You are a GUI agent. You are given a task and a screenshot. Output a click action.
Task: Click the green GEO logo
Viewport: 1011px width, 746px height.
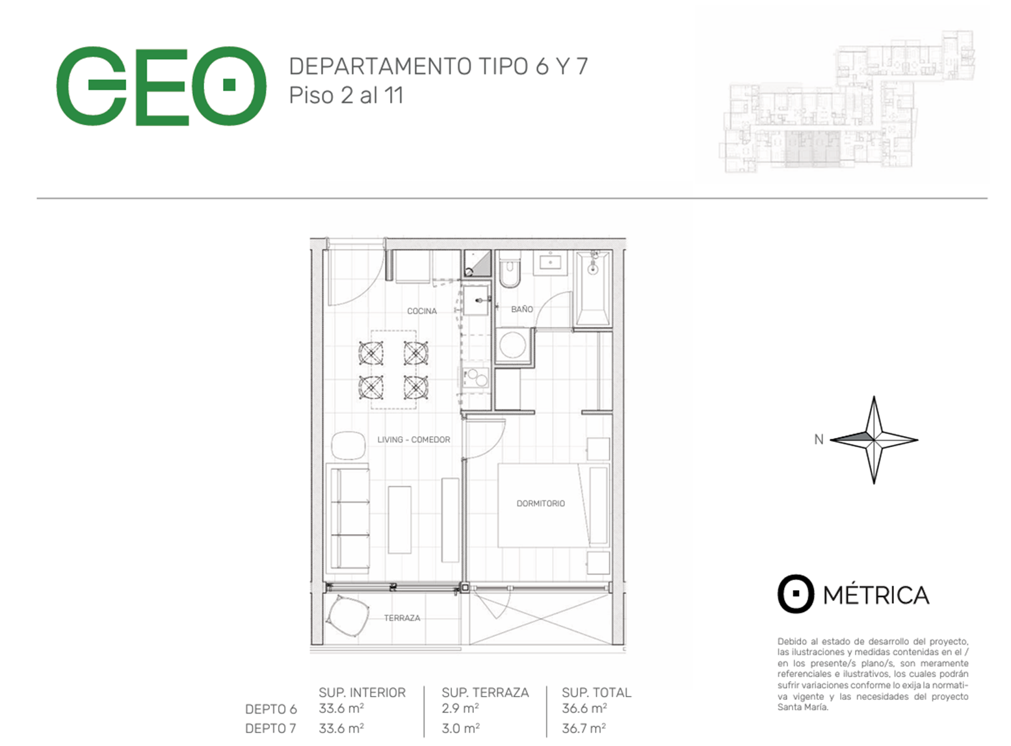[x=161, y=86]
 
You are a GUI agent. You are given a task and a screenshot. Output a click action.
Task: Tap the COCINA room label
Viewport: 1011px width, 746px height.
[x=422, y=311]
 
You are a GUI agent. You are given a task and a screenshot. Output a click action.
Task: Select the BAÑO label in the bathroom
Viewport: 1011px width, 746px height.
[x=521, y=309]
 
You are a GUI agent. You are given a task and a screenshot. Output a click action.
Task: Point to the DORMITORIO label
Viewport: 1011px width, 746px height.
[x=540, y=503]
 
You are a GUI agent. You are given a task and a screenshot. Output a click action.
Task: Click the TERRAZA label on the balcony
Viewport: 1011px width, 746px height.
[x=402, y=617]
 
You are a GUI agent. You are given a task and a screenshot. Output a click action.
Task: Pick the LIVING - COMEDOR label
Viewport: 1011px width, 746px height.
[x=414, y=439]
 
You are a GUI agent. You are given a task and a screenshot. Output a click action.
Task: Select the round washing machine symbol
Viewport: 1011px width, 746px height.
[x=512, y=344]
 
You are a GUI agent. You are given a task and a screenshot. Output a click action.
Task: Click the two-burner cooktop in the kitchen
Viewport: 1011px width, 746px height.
[x=476, y=378]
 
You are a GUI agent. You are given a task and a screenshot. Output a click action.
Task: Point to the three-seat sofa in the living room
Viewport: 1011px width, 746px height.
[x=348, y=518]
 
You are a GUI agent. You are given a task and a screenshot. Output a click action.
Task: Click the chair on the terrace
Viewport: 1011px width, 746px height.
[x=348, y=615]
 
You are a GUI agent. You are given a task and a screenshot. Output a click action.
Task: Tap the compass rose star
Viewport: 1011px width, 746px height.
[x=874, y=440]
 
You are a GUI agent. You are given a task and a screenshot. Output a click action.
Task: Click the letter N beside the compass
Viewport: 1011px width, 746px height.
[x=819, y=439]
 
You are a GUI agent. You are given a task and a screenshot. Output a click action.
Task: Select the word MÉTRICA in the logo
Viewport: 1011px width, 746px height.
[x=876, y=595]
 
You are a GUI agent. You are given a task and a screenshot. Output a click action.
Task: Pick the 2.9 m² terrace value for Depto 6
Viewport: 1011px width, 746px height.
[x=460, y=708]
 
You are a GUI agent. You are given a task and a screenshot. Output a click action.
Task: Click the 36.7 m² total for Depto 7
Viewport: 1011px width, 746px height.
[x=583, y=728]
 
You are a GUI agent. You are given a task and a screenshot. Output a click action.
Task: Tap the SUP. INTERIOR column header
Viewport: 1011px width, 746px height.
[x=362, y=692]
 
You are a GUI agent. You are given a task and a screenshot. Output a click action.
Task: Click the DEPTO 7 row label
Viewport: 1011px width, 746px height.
[x=270, y=728]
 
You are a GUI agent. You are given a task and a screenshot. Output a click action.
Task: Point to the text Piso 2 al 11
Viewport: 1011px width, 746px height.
[x=347, y=96]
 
